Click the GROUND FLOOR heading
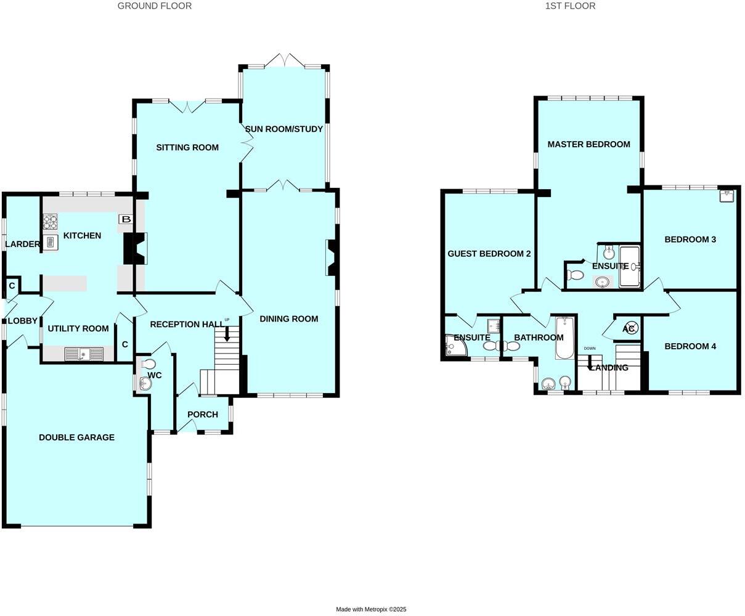pos(155,6)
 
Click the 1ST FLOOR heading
pos(570,6)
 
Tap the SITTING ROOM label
pos(187,147)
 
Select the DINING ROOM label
pos(288,318)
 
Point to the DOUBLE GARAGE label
pos(76,437)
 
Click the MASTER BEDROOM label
pos(588,144)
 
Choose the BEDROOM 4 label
pos(690,346)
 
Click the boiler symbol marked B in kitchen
pos(126,219)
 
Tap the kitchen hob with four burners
pos(50,221)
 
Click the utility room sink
pos(84,354)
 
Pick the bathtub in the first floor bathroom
pos(564,338)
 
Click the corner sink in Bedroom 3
pos(727,196)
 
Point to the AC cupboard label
pos(629,329)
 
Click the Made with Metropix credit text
pos(371,609)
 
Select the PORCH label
pos(203,415)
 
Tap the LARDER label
pos(22,245)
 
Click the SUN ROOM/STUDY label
pos(284,129)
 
